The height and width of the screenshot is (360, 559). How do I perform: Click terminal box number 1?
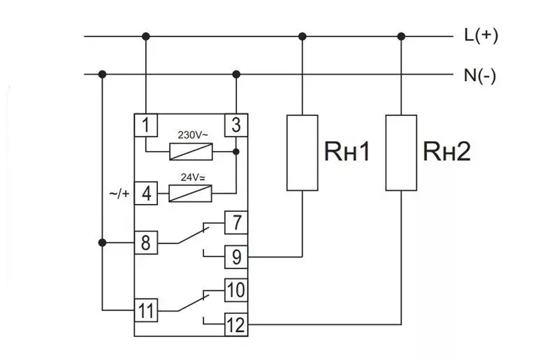click(146, 125)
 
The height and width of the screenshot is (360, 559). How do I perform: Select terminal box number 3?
click(236, 125)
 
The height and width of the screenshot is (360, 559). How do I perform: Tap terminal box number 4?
click(146, 194)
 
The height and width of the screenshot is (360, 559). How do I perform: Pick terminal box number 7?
click(236, 222)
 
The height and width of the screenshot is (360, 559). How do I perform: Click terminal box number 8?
click(146, 243)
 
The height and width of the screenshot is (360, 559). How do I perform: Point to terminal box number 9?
click(236, 257)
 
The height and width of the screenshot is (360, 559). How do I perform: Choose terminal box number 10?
click(236, 290)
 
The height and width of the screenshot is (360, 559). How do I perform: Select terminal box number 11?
click(146, 310)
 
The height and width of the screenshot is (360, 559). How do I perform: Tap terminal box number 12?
click(236, 324)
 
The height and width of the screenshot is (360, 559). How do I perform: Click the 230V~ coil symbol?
click(191, 152)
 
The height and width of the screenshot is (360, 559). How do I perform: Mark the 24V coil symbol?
click(190, 194)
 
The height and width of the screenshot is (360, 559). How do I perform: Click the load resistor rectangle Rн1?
click(303, 152)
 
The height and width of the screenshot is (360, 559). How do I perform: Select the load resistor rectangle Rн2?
click(401, 152)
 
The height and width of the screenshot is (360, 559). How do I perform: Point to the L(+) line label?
click(481, 36)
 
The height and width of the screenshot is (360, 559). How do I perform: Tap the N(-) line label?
click(480, 75)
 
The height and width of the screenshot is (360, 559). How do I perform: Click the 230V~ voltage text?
click(193, 135)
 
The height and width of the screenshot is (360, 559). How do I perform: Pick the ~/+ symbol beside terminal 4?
click(119, 194)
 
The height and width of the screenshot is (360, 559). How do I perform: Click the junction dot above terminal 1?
click(146, 36)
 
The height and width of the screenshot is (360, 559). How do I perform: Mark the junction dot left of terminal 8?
click(102, 243)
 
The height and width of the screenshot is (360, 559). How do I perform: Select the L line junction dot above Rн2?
click(401, 36)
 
